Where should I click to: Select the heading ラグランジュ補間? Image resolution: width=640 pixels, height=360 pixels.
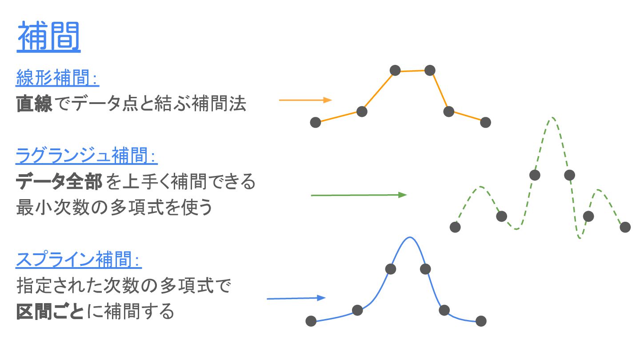pos(87,156)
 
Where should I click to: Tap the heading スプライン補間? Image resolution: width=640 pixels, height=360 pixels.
pos(79,260)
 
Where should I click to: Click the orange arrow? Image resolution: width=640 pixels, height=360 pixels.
pos(305,100)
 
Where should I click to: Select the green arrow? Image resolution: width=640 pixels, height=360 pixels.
pos(358,195)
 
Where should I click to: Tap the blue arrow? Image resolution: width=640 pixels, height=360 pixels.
pos(296,298)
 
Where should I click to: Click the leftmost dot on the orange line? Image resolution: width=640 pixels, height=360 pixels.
pos(316,122)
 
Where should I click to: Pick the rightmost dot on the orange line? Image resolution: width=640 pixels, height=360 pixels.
pos(485,122)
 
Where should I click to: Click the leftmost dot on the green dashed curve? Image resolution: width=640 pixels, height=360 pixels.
pos(455,227)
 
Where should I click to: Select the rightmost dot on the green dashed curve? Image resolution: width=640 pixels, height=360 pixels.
pos(625,227)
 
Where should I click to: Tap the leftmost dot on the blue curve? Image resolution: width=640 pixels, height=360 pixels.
pos(311,321)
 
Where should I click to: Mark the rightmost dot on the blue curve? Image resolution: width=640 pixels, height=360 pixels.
pos(481,321)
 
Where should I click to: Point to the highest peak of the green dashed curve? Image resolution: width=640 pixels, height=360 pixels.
pos(552,118)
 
